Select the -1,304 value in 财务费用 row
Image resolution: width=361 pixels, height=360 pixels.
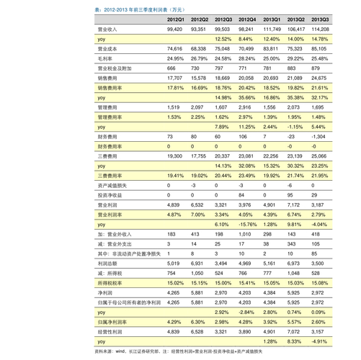point(318,136)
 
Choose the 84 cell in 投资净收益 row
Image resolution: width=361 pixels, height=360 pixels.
point(243,194)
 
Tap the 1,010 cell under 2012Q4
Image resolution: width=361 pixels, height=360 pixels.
point(245,234)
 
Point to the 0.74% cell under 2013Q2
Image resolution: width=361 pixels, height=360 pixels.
point(295,312)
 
